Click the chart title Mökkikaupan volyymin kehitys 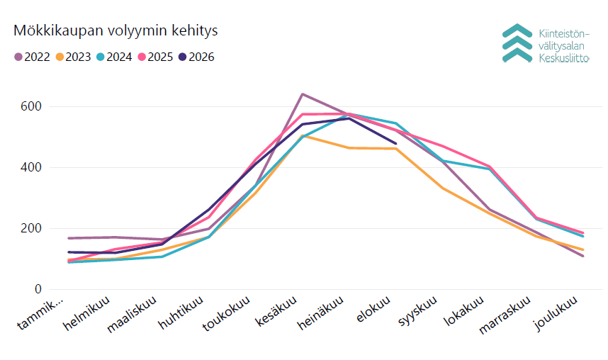116,30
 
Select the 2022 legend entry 33,57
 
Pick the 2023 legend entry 74,57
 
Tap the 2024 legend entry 115,57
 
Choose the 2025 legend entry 156,57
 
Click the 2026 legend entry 197,57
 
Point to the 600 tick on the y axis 31,107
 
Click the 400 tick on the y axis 31,167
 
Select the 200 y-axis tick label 31,228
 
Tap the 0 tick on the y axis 38,289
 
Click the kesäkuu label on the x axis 276,310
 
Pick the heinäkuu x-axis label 321,313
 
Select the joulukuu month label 556,313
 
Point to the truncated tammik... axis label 40,314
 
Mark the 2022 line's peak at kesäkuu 303,94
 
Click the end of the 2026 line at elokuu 395,144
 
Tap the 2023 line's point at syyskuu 442,188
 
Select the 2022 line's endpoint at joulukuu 582,256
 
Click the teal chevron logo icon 517,43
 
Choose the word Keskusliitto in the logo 564,58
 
